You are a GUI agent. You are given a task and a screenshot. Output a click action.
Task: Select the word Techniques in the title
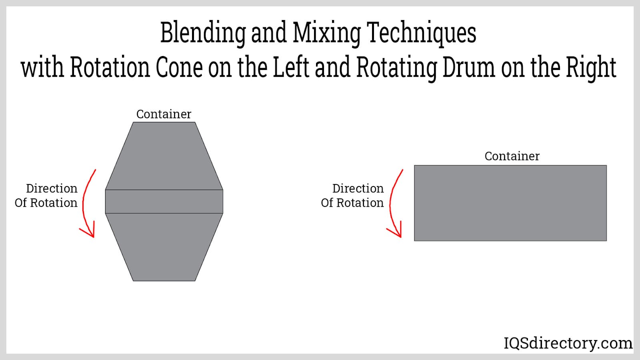tap(421, 33)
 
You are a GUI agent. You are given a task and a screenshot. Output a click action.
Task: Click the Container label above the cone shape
tap(164, 114)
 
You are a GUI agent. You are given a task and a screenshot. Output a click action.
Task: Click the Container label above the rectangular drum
tap(512, 156)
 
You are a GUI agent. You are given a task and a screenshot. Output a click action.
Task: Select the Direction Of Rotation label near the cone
tap(46, 196)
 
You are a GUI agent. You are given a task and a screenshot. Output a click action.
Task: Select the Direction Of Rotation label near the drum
tap(352, 196)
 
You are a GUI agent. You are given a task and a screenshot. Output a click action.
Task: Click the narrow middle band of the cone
tap(164, 201)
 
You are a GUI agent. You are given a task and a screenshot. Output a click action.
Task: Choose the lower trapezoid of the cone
tap(164, 246)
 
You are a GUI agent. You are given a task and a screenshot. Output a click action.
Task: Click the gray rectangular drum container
tap(510, 203)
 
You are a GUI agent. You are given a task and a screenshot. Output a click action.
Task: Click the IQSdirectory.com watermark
tap(568, 343)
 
